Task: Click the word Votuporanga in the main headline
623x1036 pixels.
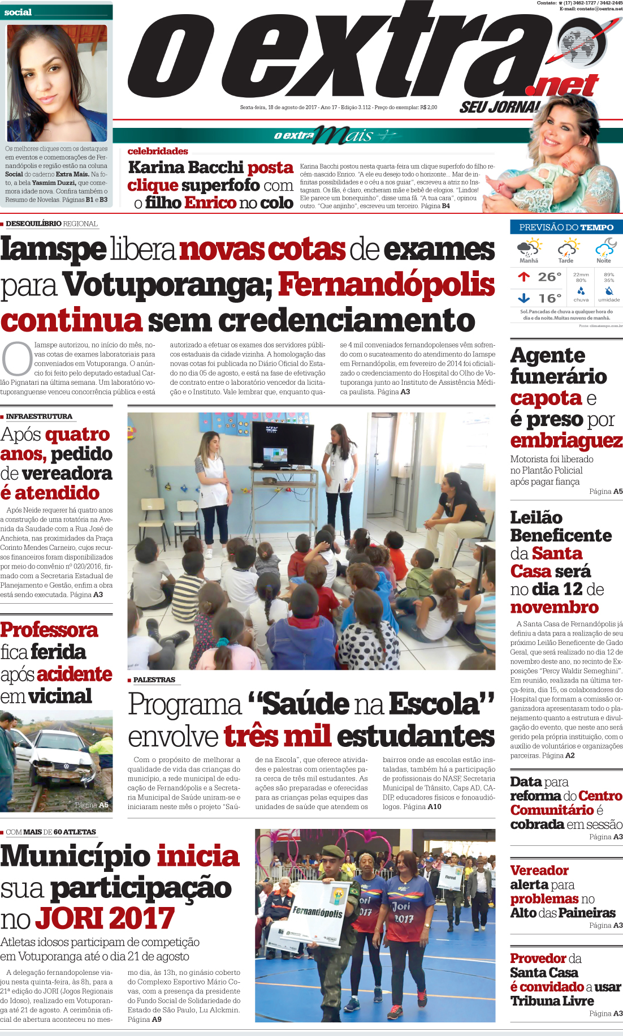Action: [x=168, y=285]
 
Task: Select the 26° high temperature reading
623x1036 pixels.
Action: [x=550, y=277]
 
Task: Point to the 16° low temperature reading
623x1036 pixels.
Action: [x=550, y=298]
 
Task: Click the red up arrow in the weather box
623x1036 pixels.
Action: [x=524, y=277]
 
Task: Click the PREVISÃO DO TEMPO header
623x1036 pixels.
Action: [x=566, y=227]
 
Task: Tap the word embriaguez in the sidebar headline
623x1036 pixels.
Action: [x=566, y=440]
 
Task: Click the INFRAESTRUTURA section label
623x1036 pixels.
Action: [x=39, y=416]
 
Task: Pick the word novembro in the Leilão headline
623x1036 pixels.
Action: [x=554, y=607]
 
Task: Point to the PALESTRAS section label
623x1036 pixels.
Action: [x=154, y=680]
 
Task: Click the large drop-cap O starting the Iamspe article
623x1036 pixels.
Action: [x=16, y=359]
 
